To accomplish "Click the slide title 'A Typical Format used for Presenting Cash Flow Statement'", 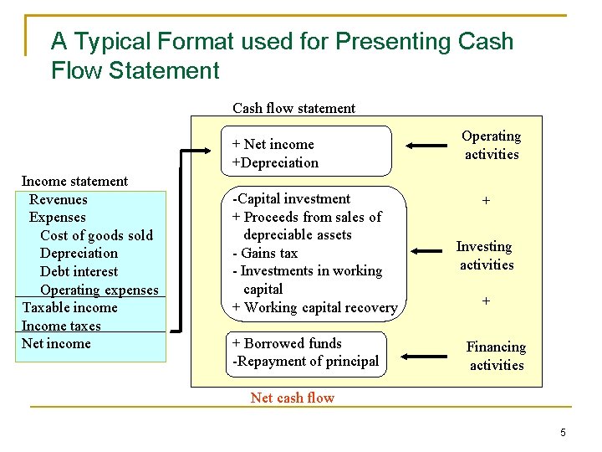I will tap(282, 55).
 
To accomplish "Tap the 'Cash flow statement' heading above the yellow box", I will tap(293, 108).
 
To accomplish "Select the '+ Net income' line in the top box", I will tap(273, 144).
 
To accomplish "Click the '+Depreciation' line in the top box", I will tap(275, 162).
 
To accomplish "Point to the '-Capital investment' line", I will tap(291, 198).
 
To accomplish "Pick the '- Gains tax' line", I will tap(264, 253).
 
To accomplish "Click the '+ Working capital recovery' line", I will tap(314, 307).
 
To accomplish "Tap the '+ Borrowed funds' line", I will tap(287, 343).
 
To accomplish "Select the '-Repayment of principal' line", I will tap(305, 362).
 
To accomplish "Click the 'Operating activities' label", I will tap(492, 145).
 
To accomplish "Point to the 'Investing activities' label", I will tap(485, 255).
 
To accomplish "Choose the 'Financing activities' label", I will tap(496, 356).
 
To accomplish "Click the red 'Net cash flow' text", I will tap(292, 398).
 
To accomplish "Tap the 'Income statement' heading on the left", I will tap(74, 181).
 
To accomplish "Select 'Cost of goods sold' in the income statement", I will tap(96, 235).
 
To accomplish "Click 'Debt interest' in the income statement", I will tap(79, 271).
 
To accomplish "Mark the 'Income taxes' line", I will tap(61, 326).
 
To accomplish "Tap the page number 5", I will tap(563, 432).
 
